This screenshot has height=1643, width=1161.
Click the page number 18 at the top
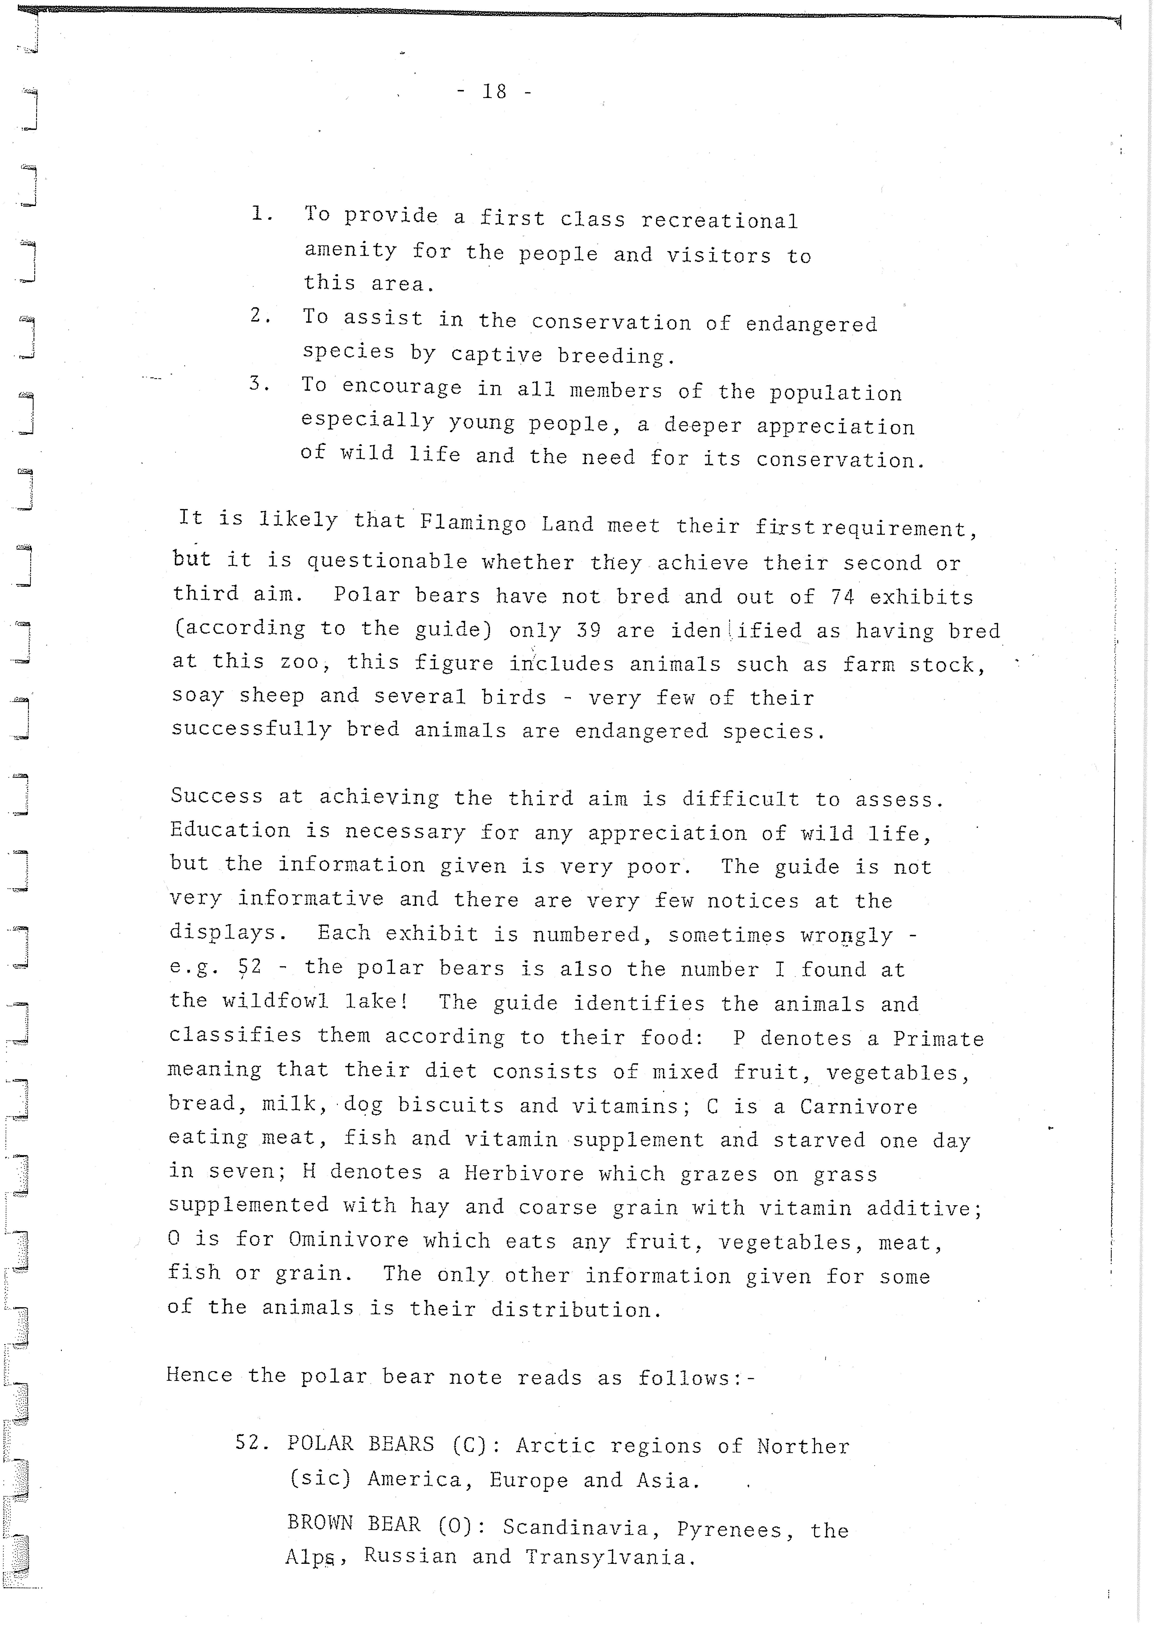coord(494,92)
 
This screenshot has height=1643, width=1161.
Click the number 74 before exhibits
coord(843,597)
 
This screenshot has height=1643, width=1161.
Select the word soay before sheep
coord(197,696)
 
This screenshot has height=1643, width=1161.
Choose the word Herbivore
coord(524,1174)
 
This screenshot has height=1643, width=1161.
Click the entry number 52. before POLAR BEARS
coord(252,1443)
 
